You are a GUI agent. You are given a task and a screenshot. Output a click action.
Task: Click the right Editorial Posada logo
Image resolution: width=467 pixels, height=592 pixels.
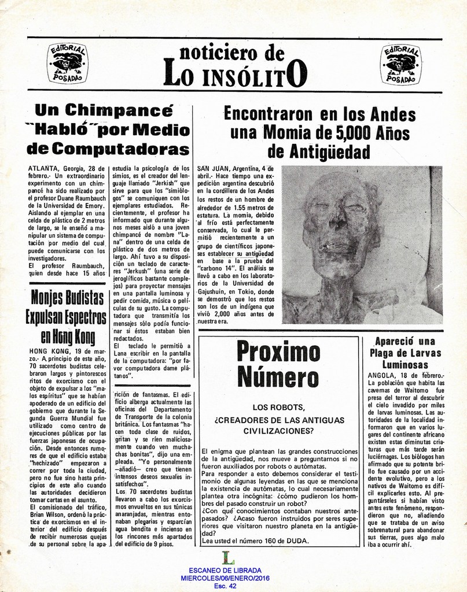(x=402, y=64)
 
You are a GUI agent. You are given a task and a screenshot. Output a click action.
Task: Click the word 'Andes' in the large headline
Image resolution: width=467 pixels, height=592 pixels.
(x=393, y=113)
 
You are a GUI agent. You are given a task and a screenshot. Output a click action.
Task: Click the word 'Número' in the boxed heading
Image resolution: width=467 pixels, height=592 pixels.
(x=278, y=378)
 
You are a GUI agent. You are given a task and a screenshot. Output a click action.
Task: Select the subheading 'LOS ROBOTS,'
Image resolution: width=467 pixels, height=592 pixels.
(x=278, y=407)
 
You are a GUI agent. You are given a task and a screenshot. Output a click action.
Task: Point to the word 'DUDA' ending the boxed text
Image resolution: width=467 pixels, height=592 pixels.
(x=296, y=541)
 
